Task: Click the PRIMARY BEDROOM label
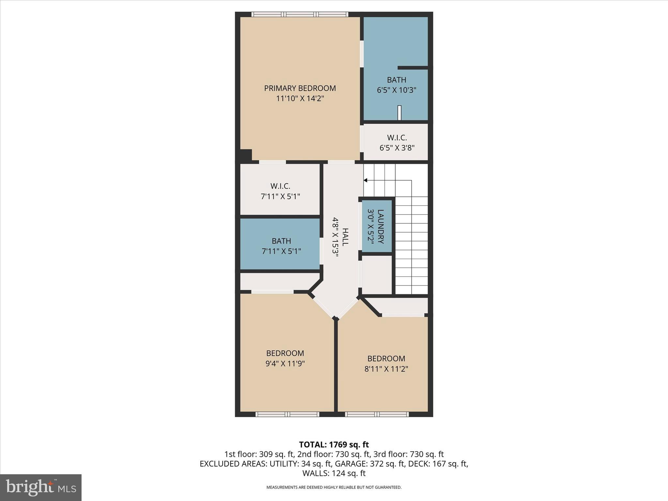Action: [300, 88]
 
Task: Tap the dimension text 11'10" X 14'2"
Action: [300, 99]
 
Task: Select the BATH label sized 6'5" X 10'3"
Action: [397, 80]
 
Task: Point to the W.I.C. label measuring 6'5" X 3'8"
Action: [397, 138]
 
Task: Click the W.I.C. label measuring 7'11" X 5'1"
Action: [280, 186]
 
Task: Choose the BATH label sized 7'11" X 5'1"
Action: [281, 241]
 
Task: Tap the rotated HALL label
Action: [345, 237]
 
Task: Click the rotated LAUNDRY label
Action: [381, 226]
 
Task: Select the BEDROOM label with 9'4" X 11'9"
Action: [285, 353]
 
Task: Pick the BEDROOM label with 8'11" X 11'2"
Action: [386, 358]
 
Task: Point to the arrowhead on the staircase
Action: [366, 180]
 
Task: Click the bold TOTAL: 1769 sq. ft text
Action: [334, 445]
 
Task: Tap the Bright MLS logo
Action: [41, 487]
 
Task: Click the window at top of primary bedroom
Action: [300, 14]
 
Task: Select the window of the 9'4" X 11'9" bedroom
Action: [287, 414]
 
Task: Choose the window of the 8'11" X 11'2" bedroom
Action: [377, 414]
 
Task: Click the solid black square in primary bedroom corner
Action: [246, 155]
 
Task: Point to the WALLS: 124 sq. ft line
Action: [334, 473]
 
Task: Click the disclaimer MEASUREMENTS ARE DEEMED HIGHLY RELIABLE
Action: [334, 487]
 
